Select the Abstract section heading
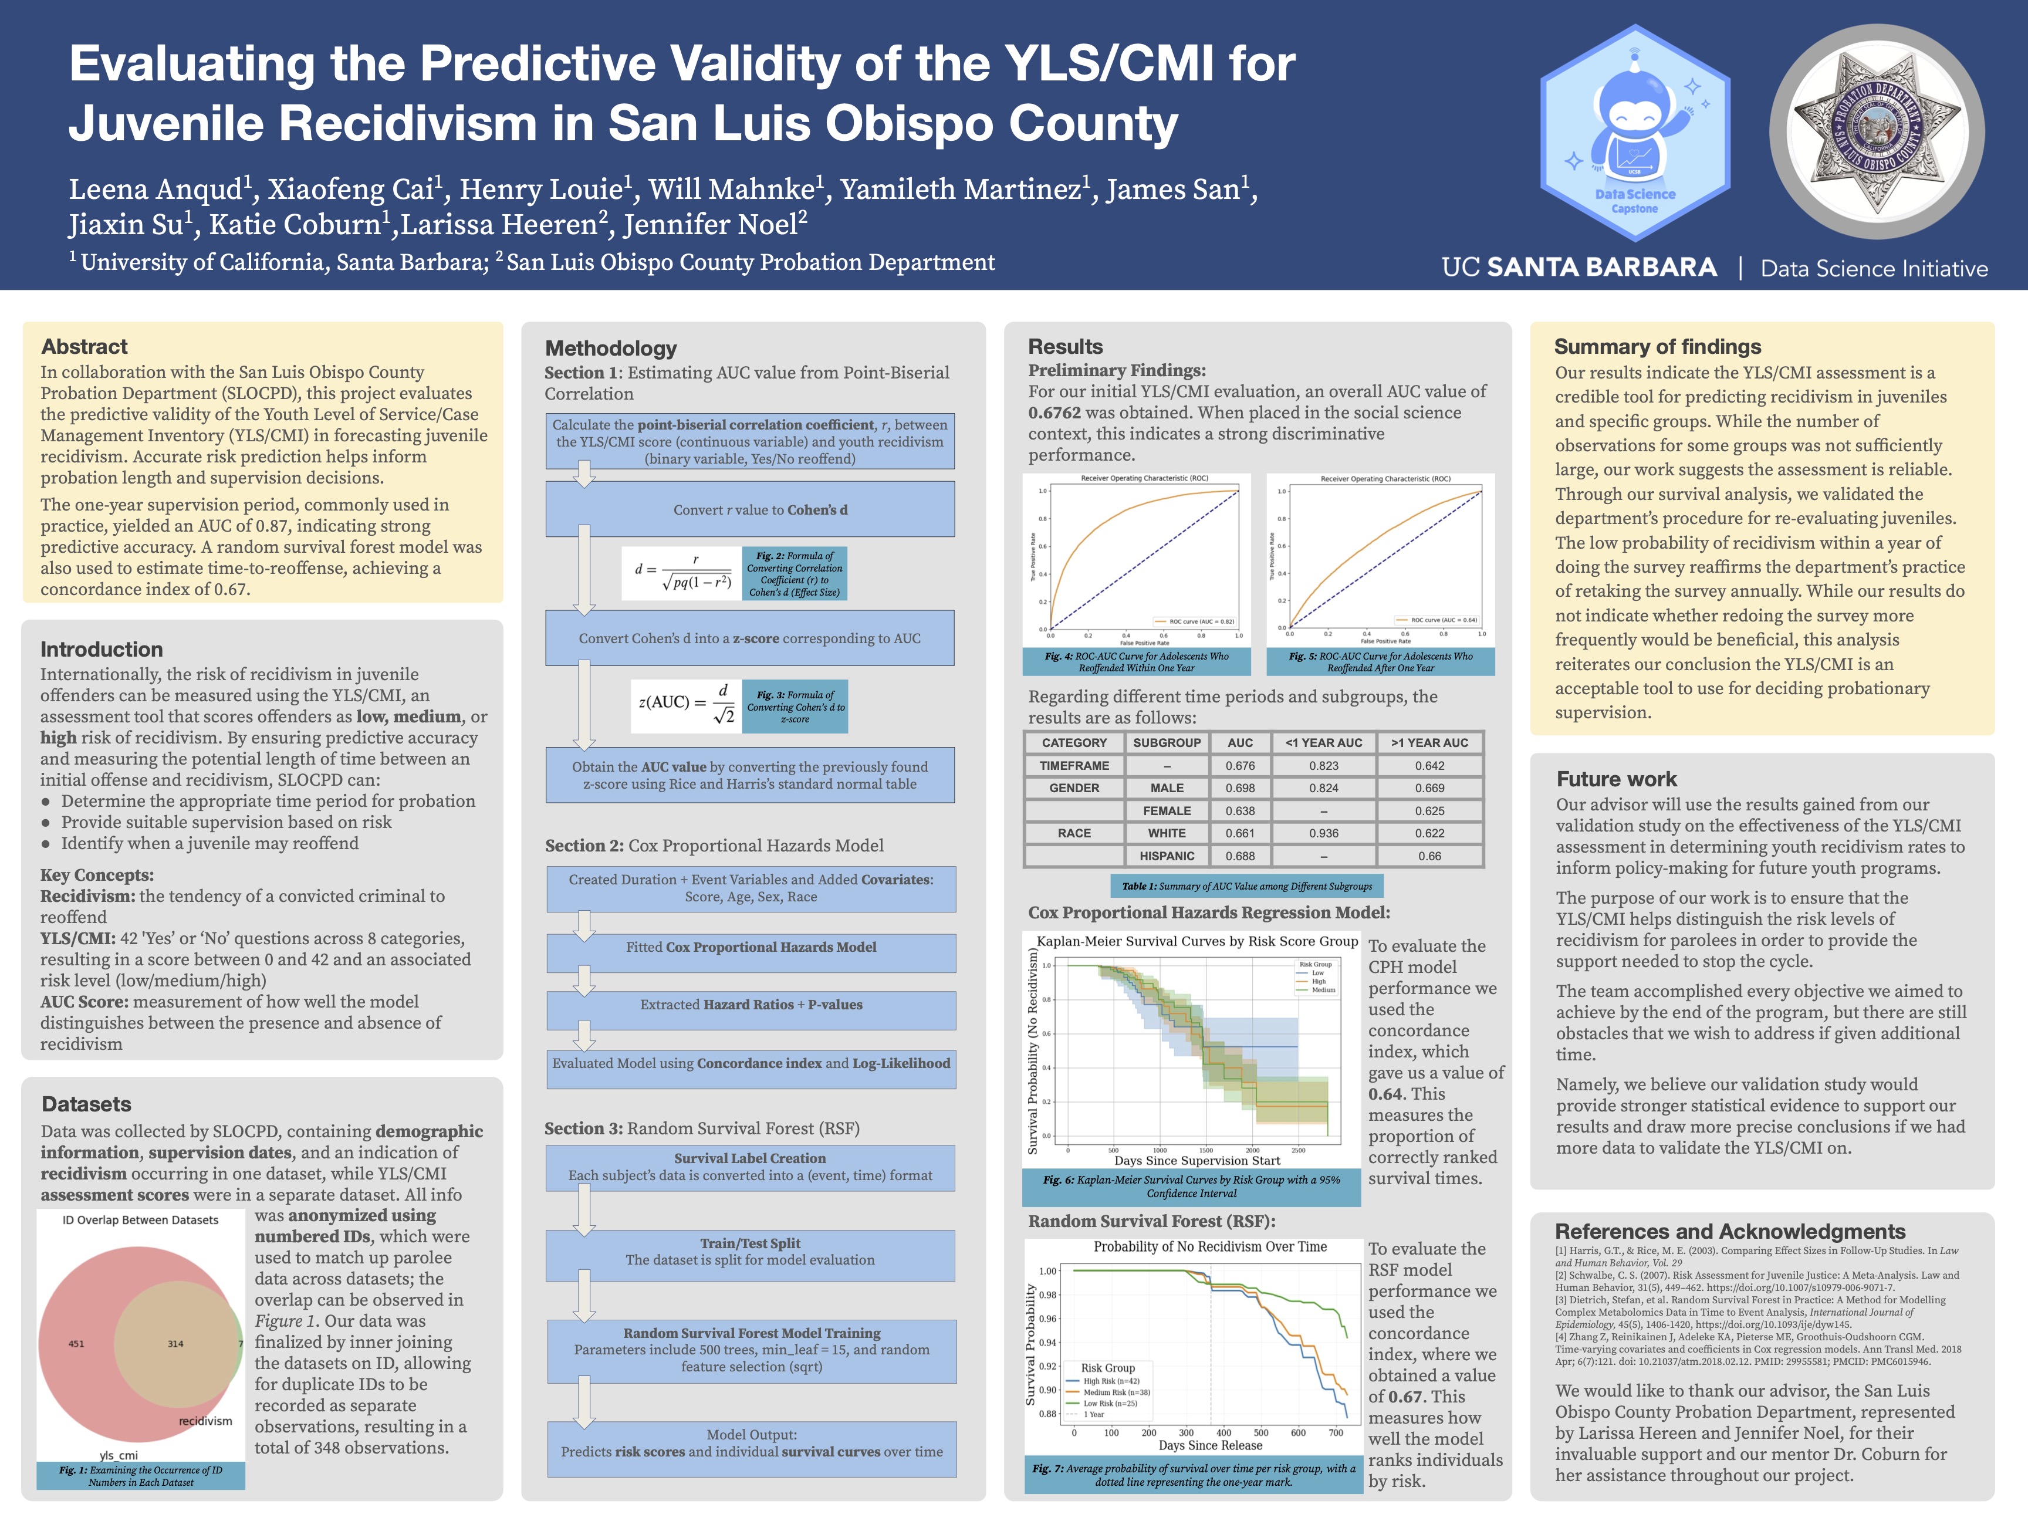(x=84, y=347)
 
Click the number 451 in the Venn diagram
(x=76, y=1344)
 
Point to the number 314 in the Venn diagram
(x=175, y=1344)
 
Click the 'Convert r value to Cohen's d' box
(x=750, y=510)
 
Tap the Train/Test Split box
(x=750, y=1252)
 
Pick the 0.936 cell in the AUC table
(x=1323, y=833)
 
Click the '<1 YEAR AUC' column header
(x=1323, y=743)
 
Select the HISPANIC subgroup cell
(x=1166, y=856)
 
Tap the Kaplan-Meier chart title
(x=1196, y=942)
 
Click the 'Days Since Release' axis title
(x=1209, y=1446)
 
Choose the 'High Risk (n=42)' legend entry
(x=1110, y=1381)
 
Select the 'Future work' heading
(x=1615, y=779)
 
